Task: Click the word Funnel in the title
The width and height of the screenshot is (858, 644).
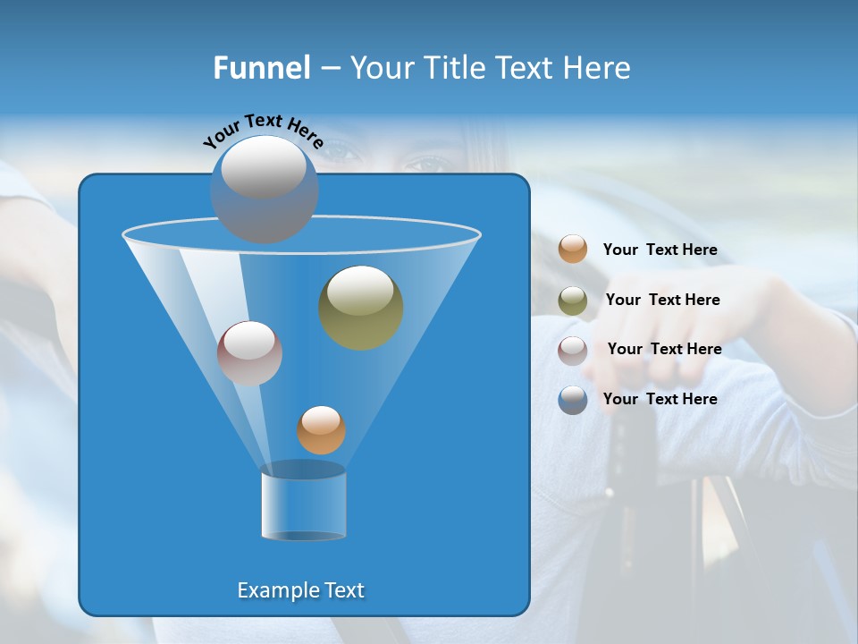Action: (x=262, y=67)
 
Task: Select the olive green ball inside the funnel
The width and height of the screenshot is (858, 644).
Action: (x=360, y=308)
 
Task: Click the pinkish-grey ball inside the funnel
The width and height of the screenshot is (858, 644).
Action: (x=249, y=354)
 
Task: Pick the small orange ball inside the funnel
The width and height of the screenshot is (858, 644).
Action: (x=321, y=430)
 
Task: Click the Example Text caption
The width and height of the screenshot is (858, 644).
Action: (x=301, y=590)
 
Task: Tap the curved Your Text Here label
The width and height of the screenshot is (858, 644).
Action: (x=263, y=130)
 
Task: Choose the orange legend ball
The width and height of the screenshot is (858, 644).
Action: (x=573, y=249)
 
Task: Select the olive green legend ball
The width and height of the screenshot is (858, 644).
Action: (x=573, y=301)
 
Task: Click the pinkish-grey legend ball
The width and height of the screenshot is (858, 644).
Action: (x=573, y=351)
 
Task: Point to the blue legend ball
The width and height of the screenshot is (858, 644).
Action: (x=573, y=400)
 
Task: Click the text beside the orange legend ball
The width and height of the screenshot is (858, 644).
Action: (x=660, y=250)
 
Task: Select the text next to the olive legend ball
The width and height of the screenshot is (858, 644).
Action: (x=662, y=300)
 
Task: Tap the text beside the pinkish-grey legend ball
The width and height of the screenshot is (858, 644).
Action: (x=664, y=349)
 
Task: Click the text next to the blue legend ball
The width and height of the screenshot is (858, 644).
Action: (x=660, y=399)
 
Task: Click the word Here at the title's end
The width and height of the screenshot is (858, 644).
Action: (x=599, y=67)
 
